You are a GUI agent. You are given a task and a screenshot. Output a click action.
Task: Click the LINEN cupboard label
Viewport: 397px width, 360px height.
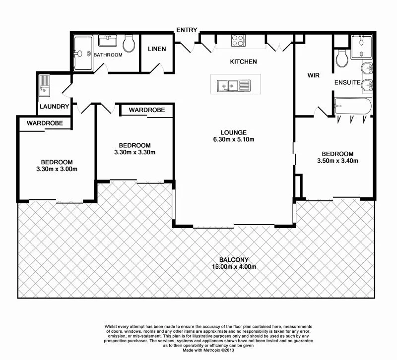(157, 49)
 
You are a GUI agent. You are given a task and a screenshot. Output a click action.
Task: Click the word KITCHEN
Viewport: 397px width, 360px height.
(243, 62)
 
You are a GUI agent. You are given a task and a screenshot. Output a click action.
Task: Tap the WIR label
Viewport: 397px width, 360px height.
(313, 75)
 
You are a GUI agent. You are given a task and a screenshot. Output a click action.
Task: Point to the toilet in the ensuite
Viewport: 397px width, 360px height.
(341, 59)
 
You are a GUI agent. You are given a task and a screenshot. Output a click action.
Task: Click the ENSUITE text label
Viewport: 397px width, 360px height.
(347, 82)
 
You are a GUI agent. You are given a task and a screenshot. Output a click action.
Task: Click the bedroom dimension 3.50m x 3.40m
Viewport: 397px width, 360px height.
(337, 161)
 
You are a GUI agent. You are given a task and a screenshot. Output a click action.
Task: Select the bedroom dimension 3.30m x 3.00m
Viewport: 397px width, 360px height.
(57, 169)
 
